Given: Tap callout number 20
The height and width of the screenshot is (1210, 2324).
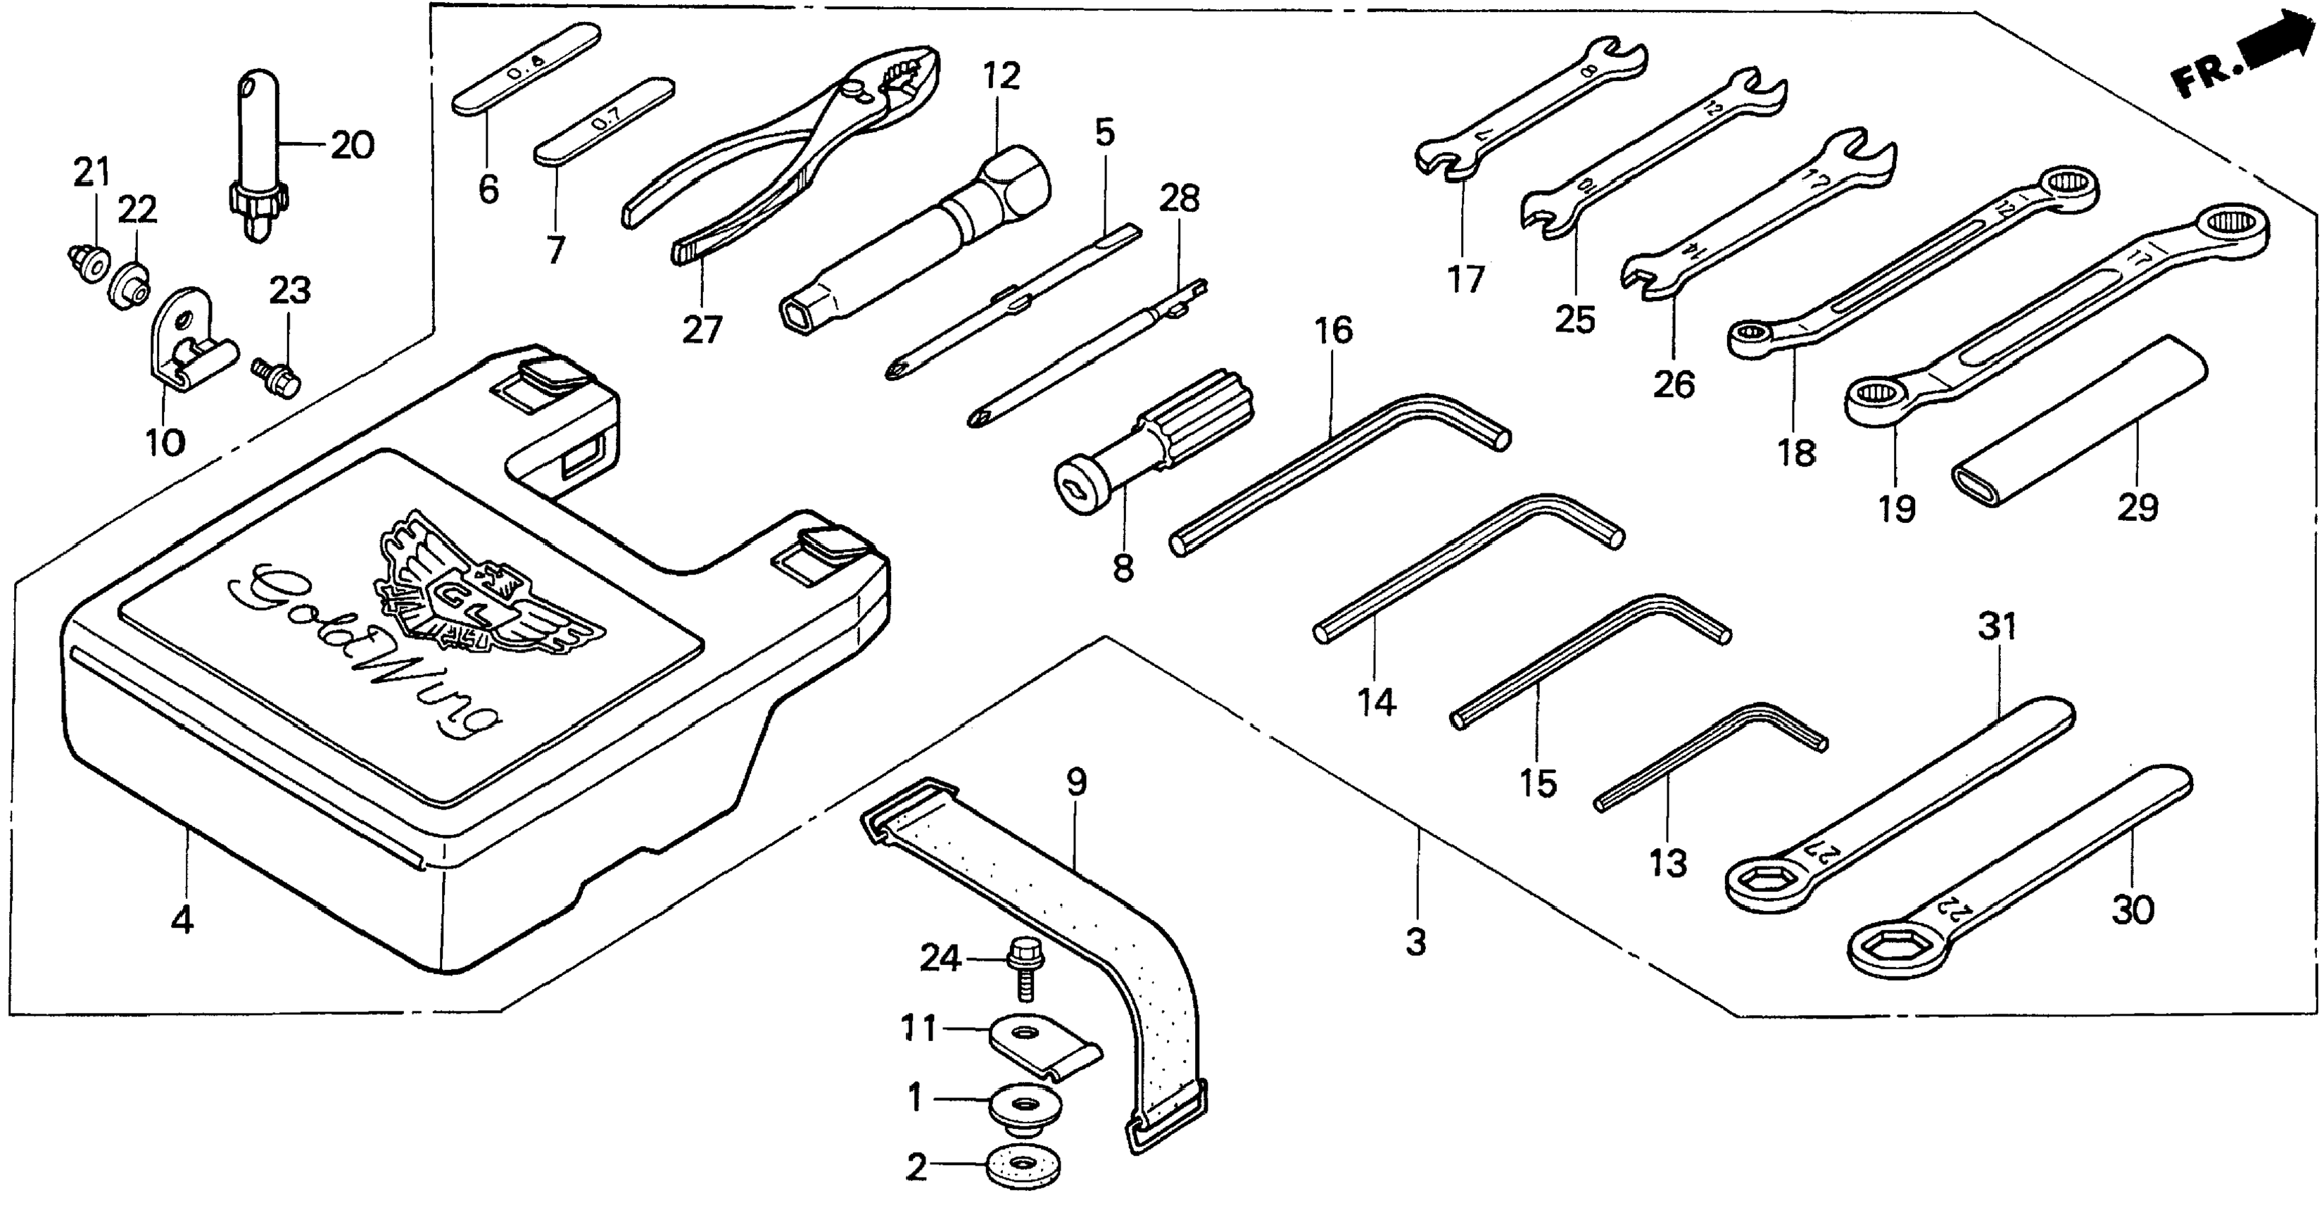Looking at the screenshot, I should (352, 144).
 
